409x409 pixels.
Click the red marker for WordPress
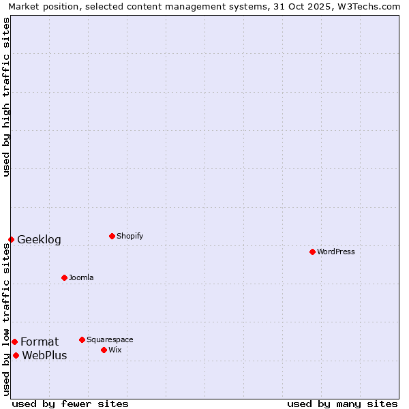(312, 252)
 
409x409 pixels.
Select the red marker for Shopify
(112, 236)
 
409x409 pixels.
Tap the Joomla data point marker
(64, 277)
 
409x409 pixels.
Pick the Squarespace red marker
(82, 339)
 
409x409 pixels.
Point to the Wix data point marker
(104, 350)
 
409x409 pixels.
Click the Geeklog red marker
(11, 239)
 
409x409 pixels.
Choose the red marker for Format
(14, 342)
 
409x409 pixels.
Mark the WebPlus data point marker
(16, 355)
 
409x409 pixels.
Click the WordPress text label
(336, 252)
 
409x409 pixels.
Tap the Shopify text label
(130, 236)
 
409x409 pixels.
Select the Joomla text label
(81, 277)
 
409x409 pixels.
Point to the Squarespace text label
(110, 339)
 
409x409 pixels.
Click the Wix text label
(115, 350)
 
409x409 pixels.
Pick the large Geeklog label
(39, 239)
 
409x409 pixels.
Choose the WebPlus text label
(44, 355)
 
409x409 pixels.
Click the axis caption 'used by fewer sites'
(70, 404)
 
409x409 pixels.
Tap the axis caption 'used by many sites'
(342, 404)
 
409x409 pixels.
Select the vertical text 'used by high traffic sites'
(6, 97)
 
